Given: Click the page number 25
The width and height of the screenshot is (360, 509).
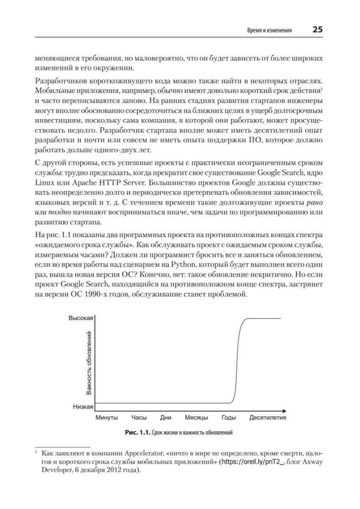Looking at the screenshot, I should (x=317, y=30).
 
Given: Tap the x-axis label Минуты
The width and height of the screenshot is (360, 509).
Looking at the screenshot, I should (x=106, y=417).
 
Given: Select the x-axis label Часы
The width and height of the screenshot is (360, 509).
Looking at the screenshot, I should (x=139, y=417).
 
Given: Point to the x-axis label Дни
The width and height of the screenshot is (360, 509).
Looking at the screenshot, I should (x=166, y=417).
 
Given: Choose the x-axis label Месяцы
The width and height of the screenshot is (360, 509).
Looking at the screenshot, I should (x=196, y=417).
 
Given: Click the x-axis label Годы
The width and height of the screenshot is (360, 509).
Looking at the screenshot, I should (x=229, y=417).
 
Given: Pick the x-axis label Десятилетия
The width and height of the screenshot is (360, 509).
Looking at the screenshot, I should (x=268, y=417).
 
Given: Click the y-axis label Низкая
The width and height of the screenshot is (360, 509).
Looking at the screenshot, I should (x=83, y=406).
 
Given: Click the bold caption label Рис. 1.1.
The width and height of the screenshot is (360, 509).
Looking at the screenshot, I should (x=138, y=433).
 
